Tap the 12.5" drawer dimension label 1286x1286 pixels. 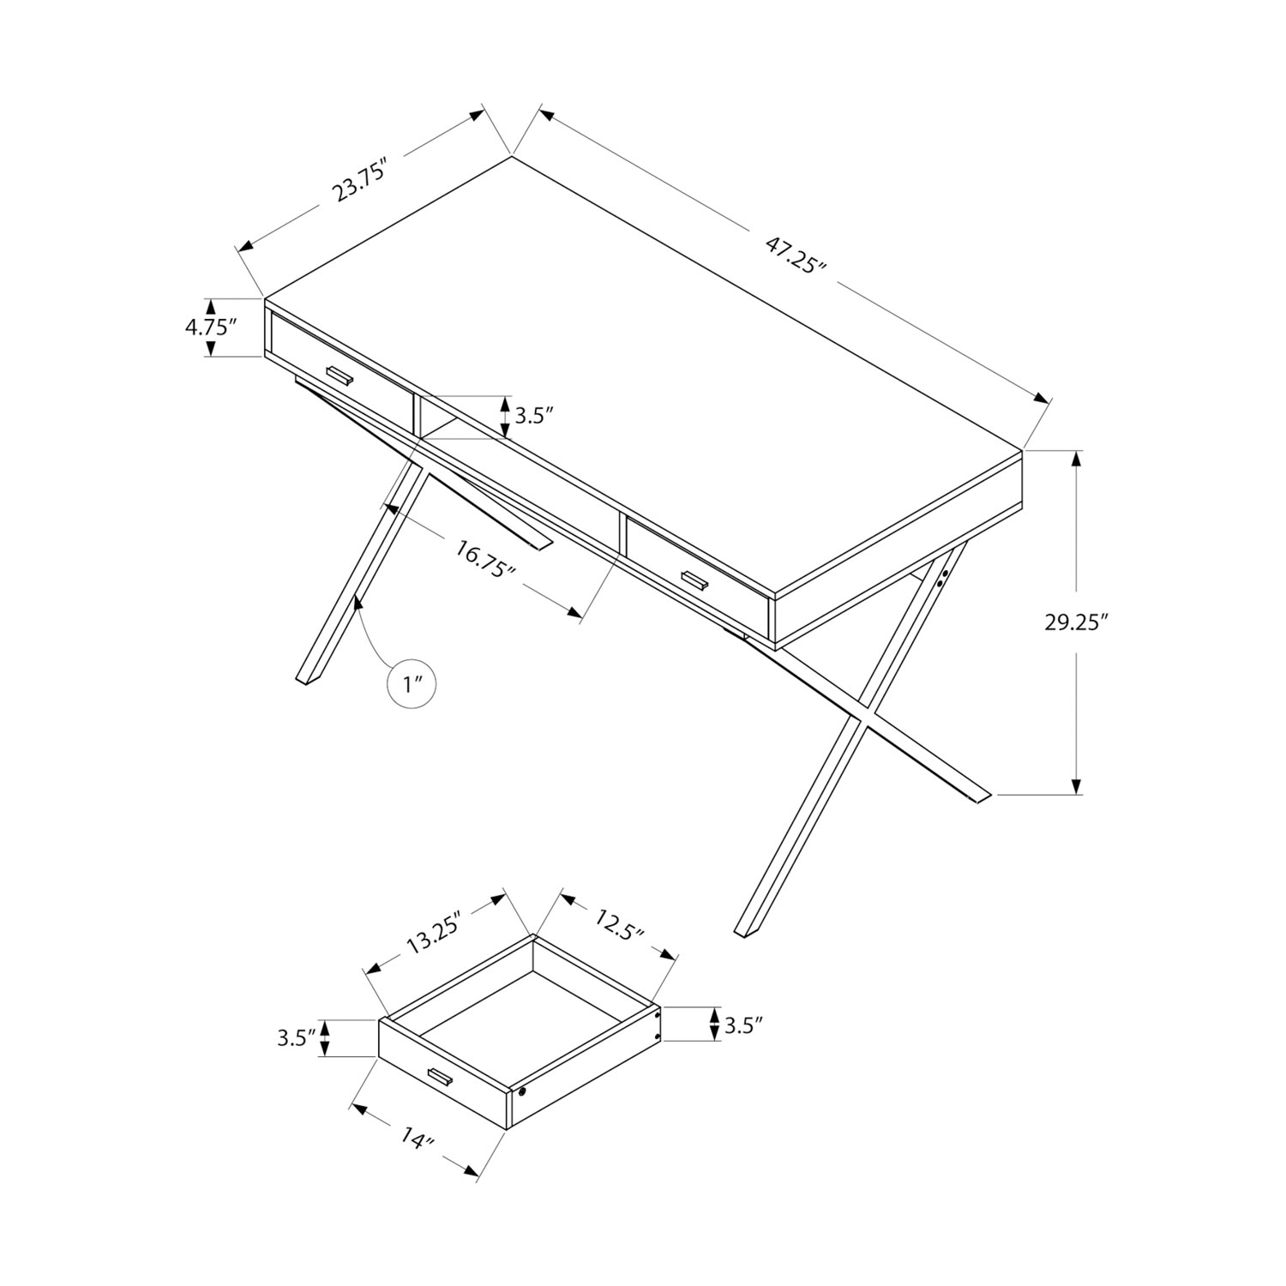617,927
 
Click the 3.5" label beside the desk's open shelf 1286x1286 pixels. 533,417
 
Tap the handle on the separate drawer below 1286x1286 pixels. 440,1078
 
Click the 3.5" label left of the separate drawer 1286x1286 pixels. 297,1038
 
